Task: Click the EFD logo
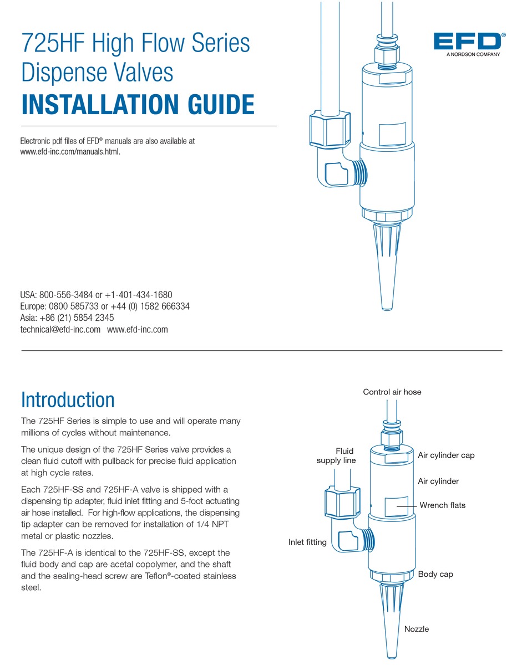[x=466, y=42]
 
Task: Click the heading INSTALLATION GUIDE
[x=138, y=105]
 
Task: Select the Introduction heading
[x=68, y=399]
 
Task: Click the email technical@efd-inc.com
[x=60, y=329]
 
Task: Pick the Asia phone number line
[x=67, y=318]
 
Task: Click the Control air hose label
[x=392, y=392]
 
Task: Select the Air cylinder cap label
[x=446, y=455]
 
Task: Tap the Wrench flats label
[x=442, y=505]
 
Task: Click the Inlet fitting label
[x=307, y=542]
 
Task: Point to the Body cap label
[x=435, y=574]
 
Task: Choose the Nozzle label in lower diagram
[x=416, y=629]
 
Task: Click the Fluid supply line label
[x=336, y=455]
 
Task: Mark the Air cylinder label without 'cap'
[x=438, y=482]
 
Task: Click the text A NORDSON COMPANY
[x=473, y=55]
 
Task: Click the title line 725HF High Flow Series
[x=135, y=43]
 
